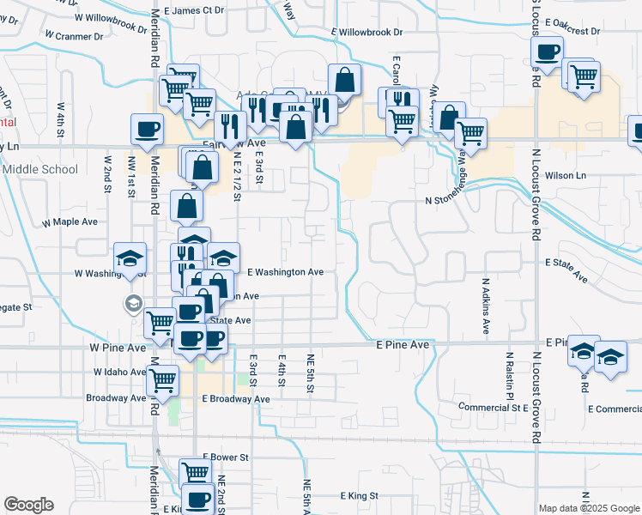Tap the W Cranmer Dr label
tap(74, 36)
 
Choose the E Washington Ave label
tap(285, 272)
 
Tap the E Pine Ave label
tap(403, 344)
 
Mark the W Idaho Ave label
tap(119, 373)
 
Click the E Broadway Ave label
tap(236, 399)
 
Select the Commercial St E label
tap(493, 407)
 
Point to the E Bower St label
tap(225, 458)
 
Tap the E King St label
tap(360, 496)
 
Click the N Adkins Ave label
tap(485, 306)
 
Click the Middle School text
tap(40, 169)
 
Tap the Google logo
tap(28, 505)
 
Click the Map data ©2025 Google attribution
tap(589, 508)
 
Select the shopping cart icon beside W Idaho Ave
tap(162, 379)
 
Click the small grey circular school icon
tap(133, 303)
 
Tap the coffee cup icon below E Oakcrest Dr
tap(547, 51)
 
